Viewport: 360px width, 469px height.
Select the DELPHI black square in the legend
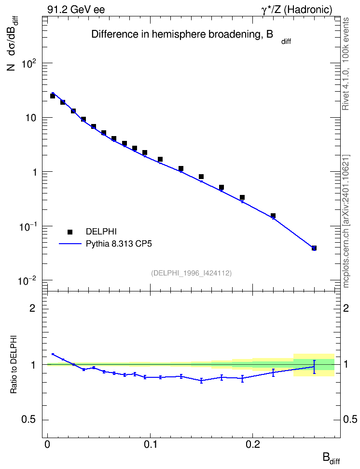tap(70, 232)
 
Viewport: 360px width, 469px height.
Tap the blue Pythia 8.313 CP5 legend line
tap(70, 244)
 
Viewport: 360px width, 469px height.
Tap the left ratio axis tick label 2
tap(33, 308)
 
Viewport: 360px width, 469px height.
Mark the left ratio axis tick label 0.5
tap(29, 420)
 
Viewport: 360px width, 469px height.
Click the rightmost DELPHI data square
tap(314, 248)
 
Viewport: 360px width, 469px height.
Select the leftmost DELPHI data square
tap(53, 96)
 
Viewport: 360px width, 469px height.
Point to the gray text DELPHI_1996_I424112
tap(192, 273)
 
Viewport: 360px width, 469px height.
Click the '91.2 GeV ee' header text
tap(76, 10)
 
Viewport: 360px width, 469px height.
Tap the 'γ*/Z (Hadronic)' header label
tap(297, 10)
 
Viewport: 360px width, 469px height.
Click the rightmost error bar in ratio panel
tap(314, 367)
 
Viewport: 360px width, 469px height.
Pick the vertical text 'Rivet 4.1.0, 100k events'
tap(346, 64)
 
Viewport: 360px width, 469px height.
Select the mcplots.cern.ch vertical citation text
tap(346, 221)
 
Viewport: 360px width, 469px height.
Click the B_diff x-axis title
tap(331, 458)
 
